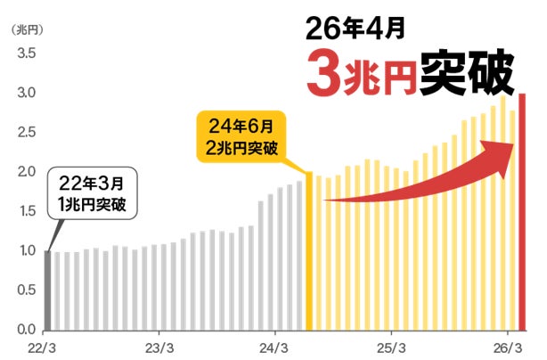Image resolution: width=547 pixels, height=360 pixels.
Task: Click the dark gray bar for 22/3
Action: (47, 290)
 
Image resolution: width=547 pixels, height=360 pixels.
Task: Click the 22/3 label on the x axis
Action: (45, 347)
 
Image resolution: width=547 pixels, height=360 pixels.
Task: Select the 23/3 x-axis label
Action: (159, 347)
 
